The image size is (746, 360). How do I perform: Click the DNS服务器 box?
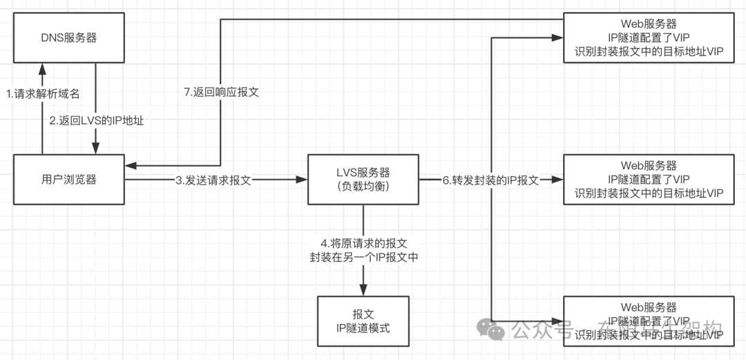[x=69, y=38]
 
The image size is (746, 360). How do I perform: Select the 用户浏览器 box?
[x=69, y=180]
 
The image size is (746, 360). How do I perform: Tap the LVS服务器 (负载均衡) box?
[x=363, y=180]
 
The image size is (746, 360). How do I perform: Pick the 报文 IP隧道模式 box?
[x=363, y=321]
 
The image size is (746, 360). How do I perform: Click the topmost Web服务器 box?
[x=649, y=38]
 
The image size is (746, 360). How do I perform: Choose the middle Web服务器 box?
[x=649, y=180]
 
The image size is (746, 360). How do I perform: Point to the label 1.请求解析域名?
[x=43, y=94]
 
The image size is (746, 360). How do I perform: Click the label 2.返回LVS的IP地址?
[x=97, y=120]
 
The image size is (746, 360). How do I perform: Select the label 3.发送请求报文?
[x=212, y=180]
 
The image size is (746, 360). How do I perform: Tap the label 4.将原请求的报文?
[x=363, y=243]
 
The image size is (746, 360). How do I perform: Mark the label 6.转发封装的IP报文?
[x=490, y=180]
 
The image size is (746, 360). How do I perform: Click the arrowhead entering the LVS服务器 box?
[x=302, y=180]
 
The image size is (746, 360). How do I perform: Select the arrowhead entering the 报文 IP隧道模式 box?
[x=363, y=291]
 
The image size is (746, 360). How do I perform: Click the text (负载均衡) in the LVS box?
[x=363, y=187]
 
